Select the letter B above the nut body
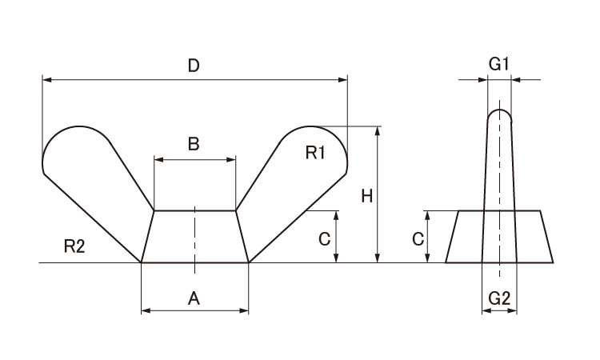[x=193, y=144]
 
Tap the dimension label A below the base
[x=193, y=298]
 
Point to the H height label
[x=366, y=196]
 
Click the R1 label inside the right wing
[x=314, y=152]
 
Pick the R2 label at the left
[x=74, y=246]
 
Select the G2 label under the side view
[x=498, y=298]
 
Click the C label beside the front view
[x=324, y=238]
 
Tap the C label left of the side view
[x=417, y=238]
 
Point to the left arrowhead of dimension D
[x=46, y=79]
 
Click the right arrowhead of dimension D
[x=344, y=79]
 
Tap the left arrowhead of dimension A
[x=145, y=310]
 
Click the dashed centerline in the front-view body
[x=194, y=236]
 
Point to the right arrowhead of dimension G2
[x=512, y=310]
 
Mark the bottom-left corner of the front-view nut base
[x=141, y=262]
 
